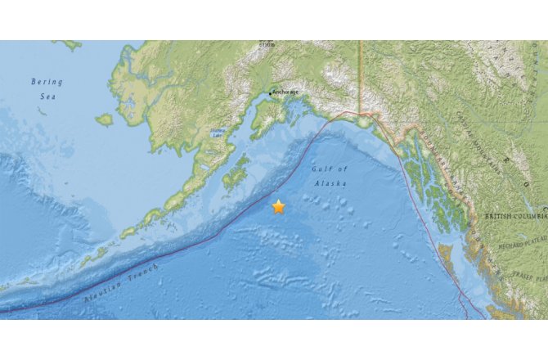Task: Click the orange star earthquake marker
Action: (278, 207)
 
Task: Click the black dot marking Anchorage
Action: (270, 93)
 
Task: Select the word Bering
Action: (46, 82)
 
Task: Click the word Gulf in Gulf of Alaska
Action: (321, 169)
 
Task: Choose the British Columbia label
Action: (514, 216)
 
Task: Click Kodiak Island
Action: (236, 173)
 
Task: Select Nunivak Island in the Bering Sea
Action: (104, 119)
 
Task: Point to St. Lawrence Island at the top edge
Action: (70, 44)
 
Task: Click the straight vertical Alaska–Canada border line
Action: (359, 74)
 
